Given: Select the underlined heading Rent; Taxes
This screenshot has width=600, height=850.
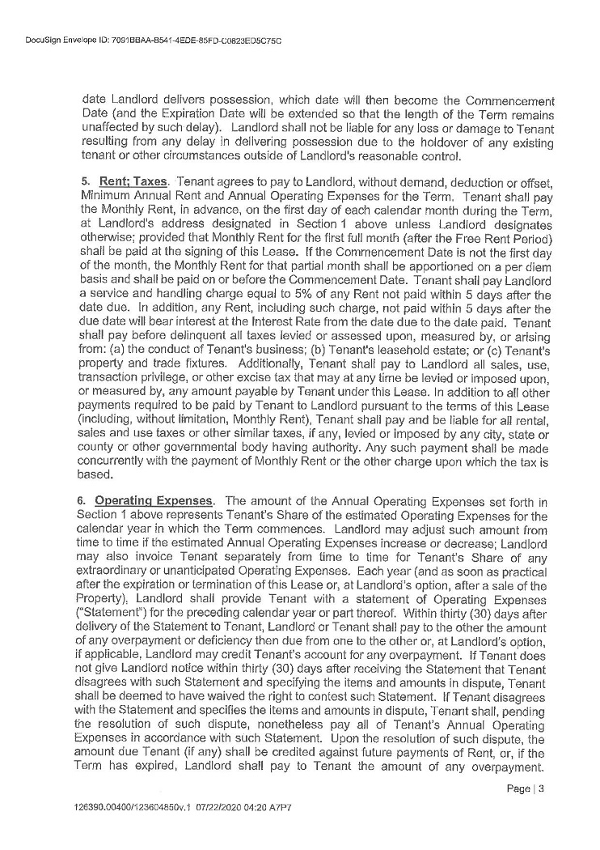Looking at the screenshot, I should tap(133, 178).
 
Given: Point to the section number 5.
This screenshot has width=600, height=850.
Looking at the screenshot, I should tap(86, 178).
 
